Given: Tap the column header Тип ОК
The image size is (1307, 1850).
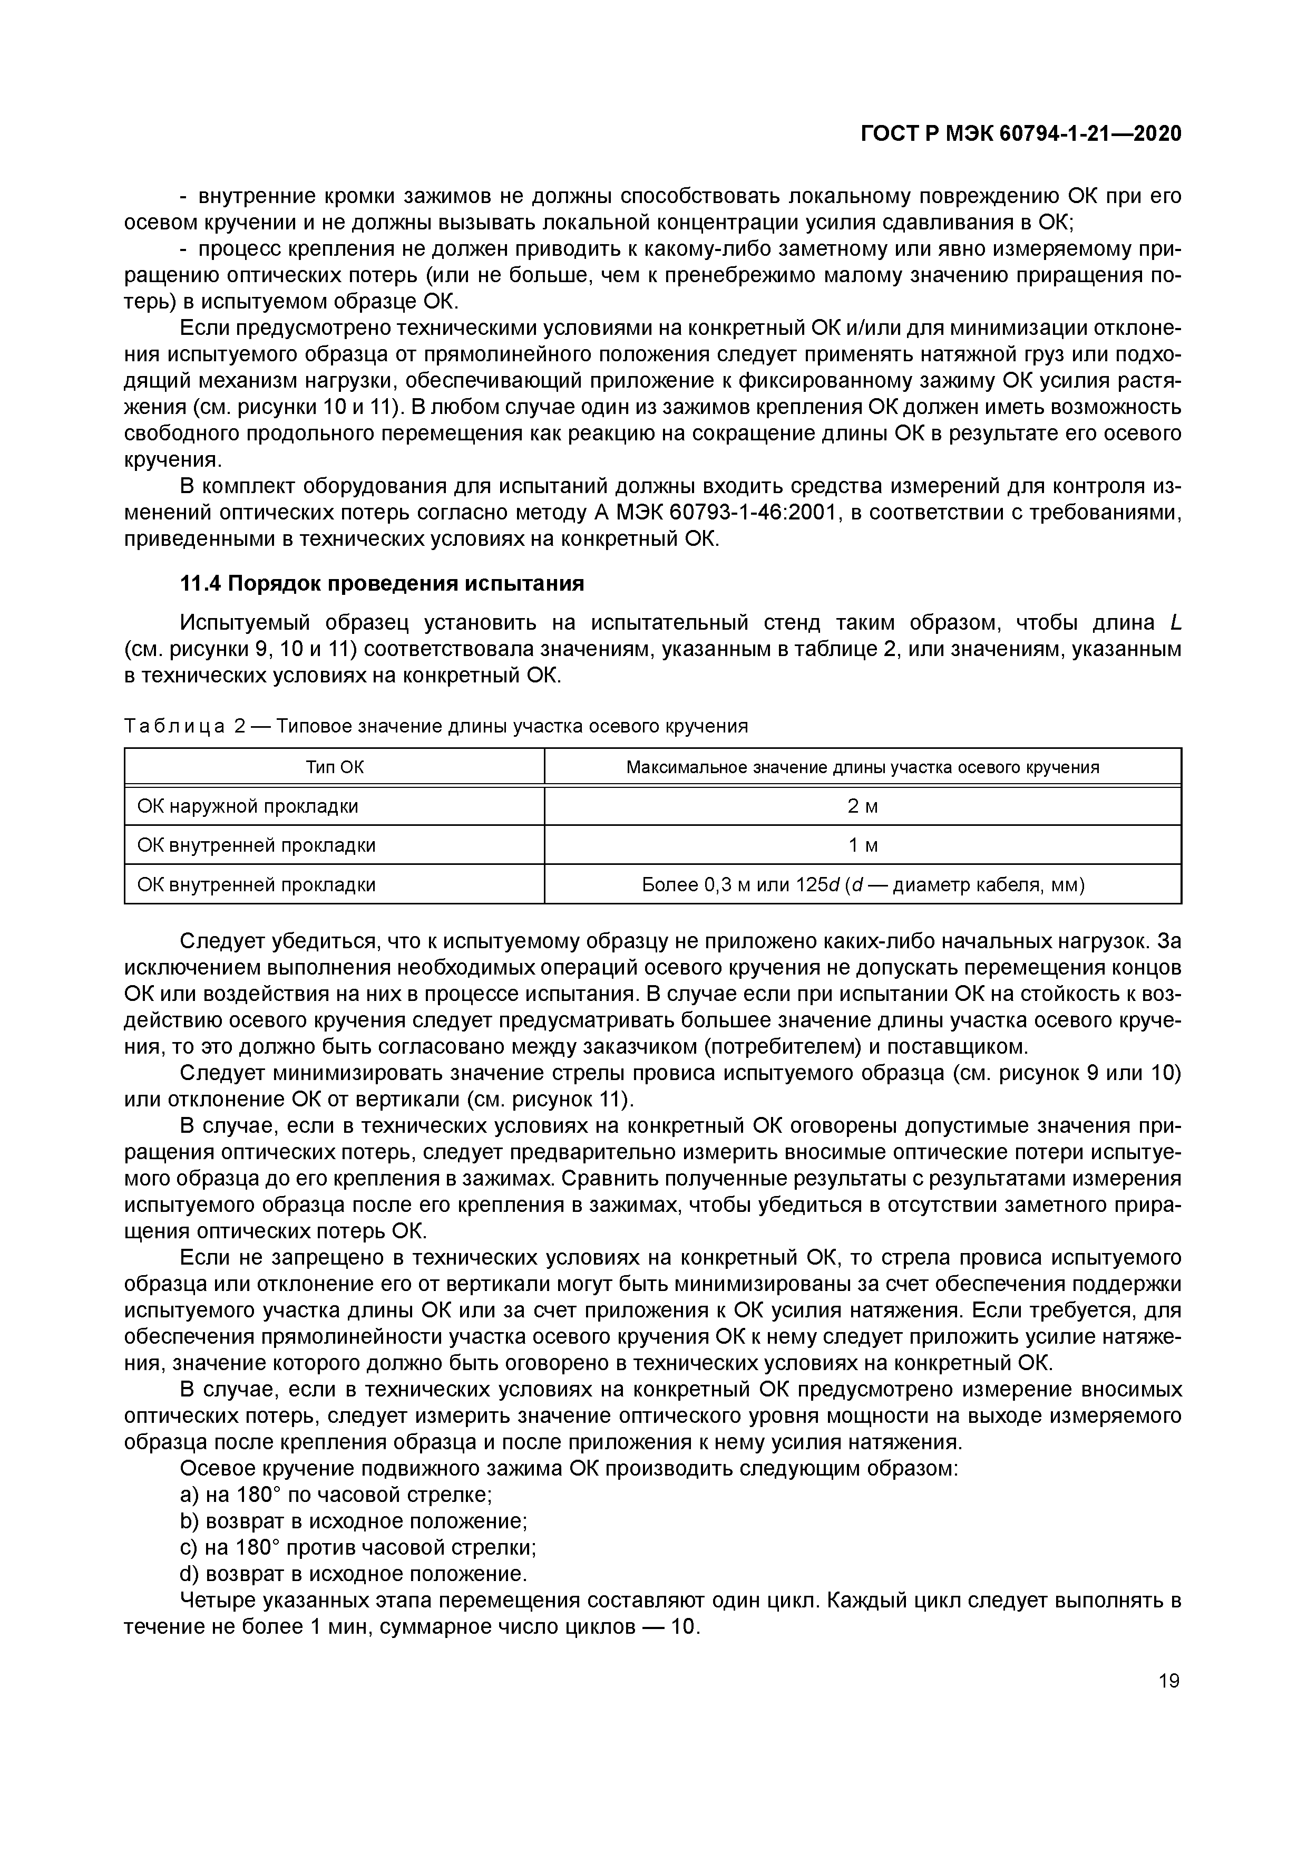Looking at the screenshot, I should tap(334, 767).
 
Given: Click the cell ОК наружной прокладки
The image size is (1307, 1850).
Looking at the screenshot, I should tap(248, 806).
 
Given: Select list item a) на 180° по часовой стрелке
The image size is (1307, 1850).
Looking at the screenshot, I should tap(336, 1495).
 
